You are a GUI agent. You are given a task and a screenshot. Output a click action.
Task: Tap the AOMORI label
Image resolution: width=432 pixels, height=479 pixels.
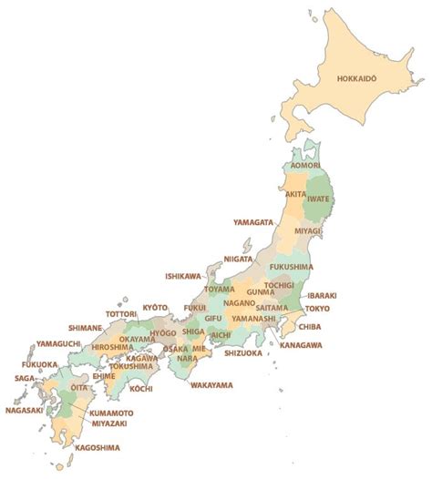305,166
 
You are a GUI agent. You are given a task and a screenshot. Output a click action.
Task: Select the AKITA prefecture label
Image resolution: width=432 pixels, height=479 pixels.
295,194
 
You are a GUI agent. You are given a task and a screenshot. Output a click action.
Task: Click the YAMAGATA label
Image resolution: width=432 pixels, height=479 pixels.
252,221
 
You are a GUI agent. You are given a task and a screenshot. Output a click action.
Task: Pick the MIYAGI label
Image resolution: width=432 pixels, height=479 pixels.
307,231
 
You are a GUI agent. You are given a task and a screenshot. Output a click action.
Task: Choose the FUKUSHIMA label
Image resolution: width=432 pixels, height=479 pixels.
292,267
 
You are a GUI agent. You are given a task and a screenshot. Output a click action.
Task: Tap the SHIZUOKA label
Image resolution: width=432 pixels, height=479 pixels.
242,352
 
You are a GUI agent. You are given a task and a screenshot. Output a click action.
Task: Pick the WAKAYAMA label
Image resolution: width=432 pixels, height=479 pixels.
211,385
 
